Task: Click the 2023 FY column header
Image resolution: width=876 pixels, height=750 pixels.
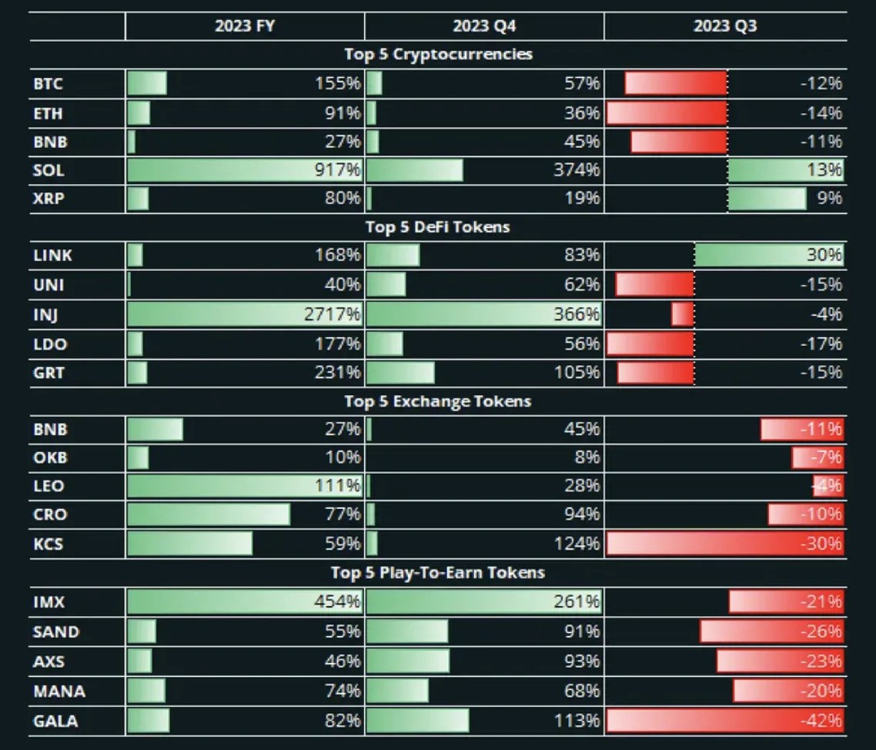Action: tap(244, 25)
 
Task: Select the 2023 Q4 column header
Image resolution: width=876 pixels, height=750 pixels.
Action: tap(484, 25)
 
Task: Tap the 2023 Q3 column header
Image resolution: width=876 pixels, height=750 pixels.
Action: tap(724, 25)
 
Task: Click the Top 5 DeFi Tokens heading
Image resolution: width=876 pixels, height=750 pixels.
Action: tap(437, 227)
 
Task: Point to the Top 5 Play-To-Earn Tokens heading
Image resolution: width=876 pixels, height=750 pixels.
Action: tap(437, 573)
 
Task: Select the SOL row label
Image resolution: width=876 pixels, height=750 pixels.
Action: tap(48, 171)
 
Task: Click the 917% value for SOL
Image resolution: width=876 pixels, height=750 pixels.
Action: tap(338, 171)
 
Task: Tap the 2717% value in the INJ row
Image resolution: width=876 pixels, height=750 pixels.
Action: tap(335, 314)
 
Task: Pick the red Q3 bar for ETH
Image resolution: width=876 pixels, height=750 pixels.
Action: tap(667, 113)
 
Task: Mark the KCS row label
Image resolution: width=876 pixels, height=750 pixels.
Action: tap(48, 544)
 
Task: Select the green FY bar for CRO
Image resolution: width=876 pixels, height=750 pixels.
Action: tap(209, 514)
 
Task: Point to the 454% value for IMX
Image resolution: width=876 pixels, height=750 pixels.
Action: tap(338, 601)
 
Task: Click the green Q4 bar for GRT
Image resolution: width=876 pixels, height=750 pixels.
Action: tap(400, 373)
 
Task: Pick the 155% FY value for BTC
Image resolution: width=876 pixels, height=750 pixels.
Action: tap(338, 83)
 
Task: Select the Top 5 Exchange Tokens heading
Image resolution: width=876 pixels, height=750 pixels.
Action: tap(437, 401)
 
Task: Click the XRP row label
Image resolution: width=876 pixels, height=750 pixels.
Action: tap(48, 199)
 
